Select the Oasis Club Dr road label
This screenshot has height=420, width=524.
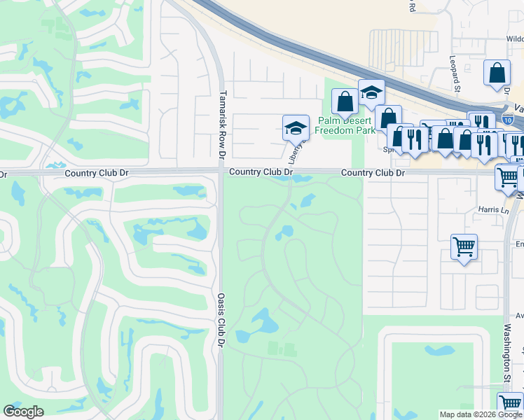click(221, 321)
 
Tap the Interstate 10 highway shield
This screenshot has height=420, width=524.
click(516, 120)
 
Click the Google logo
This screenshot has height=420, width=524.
click(23, 411)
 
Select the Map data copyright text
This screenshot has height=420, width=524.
click(481, 414)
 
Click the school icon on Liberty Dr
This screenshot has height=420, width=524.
click(296, 128)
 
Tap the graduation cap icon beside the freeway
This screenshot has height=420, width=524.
click(372, 92)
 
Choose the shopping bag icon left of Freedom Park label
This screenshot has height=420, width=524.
click(345, 102)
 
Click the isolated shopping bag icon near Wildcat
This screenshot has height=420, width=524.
click(497, 73)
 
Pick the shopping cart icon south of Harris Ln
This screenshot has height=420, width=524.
click(464, 247)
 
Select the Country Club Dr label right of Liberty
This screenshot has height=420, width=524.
click(373, 173)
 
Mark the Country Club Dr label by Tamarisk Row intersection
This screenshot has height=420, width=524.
click(261, 172)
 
